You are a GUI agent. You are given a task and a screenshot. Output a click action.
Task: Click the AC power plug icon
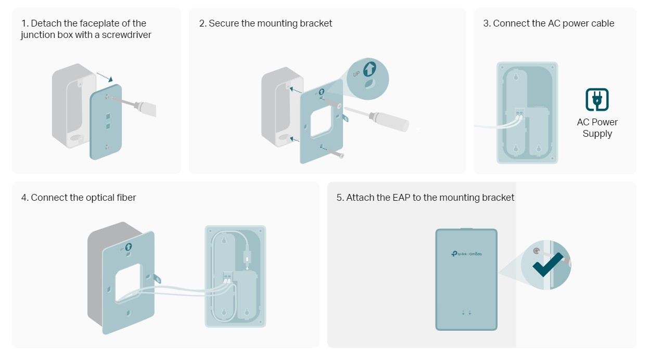coord(597,99)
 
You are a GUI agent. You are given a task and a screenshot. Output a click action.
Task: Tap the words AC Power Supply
coord(597,128)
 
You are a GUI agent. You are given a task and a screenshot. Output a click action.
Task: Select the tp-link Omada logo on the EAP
coord(466,253)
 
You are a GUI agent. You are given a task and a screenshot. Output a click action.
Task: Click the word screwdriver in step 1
coord(128,35)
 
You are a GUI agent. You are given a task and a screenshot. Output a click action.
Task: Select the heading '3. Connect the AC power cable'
coord(549,23)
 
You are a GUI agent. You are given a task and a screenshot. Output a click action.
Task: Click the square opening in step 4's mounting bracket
coord(127,281)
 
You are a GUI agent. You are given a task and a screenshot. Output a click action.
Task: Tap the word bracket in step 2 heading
coord(314,23)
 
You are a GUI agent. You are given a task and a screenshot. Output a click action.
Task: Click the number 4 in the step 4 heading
coord(24,198)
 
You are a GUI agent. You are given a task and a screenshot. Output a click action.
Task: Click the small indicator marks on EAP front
coord(466,313)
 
